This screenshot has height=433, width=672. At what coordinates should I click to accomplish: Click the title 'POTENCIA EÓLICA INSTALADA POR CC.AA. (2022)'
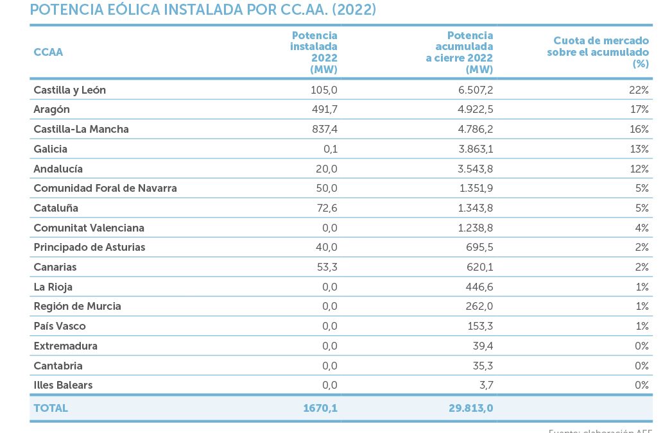click(203, 10)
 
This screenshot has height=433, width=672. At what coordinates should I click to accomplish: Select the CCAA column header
click(48, 52)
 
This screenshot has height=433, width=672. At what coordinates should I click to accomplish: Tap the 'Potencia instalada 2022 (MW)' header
click(314, 52)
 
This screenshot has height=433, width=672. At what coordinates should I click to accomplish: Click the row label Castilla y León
click(69, 90)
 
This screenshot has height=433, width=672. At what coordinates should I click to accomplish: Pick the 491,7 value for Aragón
click(323, 110)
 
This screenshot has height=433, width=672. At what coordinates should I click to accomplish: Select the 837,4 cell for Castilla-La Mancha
click(323, 129)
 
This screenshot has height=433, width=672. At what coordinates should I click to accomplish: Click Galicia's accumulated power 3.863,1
click(472, 149)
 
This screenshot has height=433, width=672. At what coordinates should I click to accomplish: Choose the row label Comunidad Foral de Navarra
click(105, 188)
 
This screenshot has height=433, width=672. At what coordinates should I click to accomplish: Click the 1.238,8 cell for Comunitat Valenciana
click(472, 228)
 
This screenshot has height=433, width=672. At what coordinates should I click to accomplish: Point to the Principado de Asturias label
click(89, 247)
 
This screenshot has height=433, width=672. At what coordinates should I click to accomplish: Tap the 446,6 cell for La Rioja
click(479, 287)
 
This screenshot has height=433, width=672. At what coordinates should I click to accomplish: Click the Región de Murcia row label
click(77, 306)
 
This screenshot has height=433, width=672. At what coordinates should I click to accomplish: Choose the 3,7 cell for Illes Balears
click(485, 385)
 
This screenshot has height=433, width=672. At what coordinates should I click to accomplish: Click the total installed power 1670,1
click(320, 408)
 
